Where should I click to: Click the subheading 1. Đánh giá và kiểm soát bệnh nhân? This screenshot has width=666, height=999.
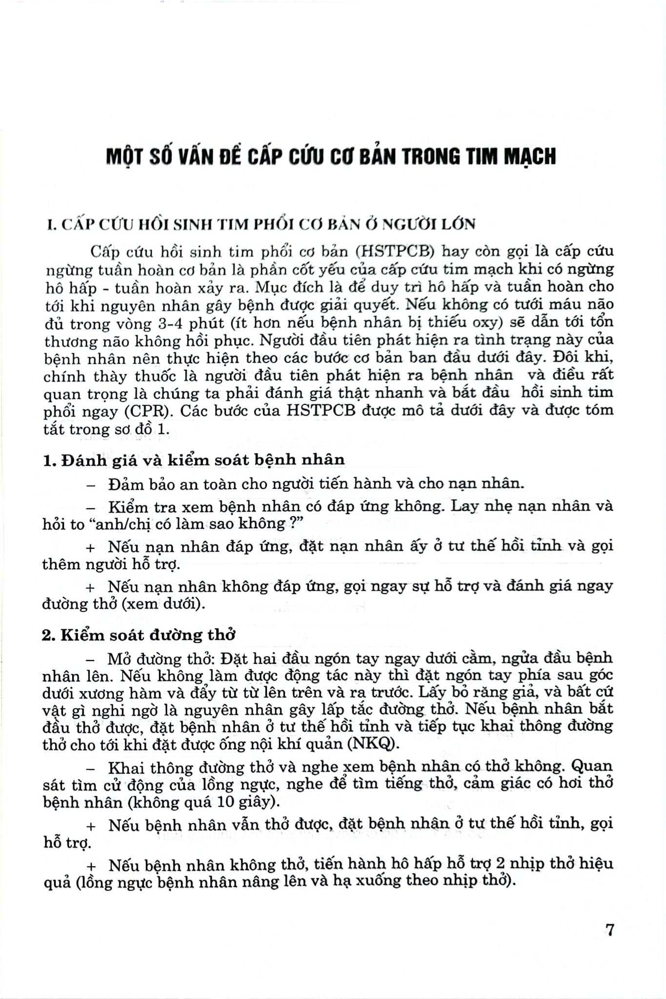pyautogui.click(x=194, y=460)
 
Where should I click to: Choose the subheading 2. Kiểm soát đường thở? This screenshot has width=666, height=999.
pyautogui.click(x=139, y=635)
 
